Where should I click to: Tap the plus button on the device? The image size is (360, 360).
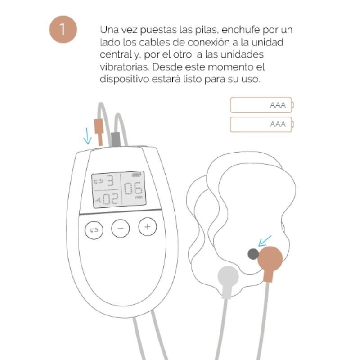tap(147, 227)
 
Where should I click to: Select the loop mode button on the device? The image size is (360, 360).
tap(94, 230)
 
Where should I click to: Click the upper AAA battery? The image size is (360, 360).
tap(261, 105)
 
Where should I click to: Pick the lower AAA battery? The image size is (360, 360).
tap(261, 124)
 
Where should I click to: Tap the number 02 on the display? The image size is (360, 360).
tap(109, 199)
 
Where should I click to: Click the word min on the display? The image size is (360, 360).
tap(138, 197)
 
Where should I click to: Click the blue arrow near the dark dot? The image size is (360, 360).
tap(265, 240)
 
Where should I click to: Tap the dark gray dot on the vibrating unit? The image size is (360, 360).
tap(253, 254)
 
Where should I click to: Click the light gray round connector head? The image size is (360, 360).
tap(228, 276)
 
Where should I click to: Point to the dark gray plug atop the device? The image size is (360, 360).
tap(115, 139)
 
